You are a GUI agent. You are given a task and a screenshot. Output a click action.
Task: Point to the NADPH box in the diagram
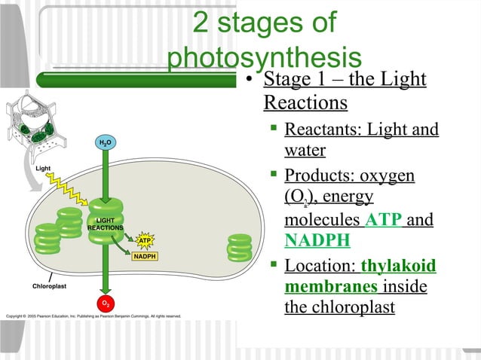145,257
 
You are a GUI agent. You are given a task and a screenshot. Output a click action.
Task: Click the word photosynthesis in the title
265,59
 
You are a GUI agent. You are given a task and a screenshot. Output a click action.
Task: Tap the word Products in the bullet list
317,175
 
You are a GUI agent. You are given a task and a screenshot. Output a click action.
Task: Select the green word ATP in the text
384,220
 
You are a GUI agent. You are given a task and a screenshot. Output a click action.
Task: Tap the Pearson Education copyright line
92,316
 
